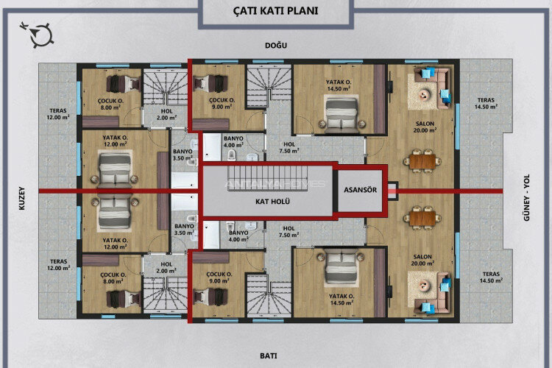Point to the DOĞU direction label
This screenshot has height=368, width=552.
275,46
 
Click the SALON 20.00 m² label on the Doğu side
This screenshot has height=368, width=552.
422,127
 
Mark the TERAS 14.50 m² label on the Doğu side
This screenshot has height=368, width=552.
486,103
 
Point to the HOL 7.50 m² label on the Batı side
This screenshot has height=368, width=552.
288,232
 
